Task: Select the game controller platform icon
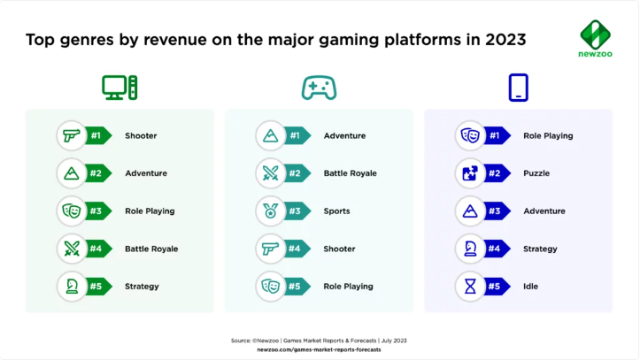(x=319, y=87)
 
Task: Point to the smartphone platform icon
(x=518, y=87)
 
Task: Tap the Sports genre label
(x=336, y=211)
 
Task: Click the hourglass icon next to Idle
(x=470, y=286)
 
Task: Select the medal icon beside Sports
(x=270, y=211)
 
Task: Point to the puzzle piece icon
(x=470, y=173)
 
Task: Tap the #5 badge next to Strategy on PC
(x=98, y=286)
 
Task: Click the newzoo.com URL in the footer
(x=319, y=349)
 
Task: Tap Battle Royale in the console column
(x=350, y=173)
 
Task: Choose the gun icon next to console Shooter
(x=270, y=249)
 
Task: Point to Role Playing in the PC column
(x=150, y=211)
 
